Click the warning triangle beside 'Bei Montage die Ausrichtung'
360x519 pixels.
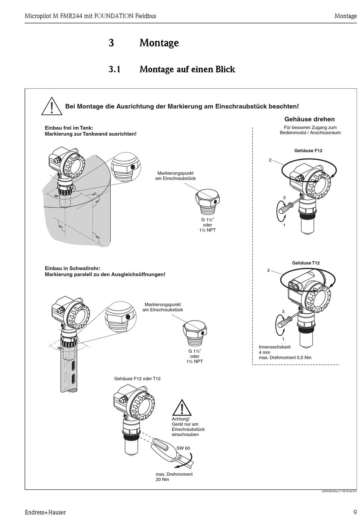52,106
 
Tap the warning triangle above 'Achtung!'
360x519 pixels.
182,408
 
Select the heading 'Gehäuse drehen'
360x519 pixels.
309,119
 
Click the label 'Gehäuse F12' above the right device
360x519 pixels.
308,150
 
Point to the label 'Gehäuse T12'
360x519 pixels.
305,263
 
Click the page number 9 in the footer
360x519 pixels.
355,512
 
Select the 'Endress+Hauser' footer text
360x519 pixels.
45,512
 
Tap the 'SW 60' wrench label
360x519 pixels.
183,448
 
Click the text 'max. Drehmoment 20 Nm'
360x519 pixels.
174,477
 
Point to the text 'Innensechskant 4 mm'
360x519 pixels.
275,349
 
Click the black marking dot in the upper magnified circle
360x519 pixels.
132,167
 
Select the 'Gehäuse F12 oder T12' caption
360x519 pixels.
137,378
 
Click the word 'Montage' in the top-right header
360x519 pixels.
345,16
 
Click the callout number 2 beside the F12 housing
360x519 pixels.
270,160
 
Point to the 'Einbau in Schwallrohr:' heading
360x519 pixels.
72,268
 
